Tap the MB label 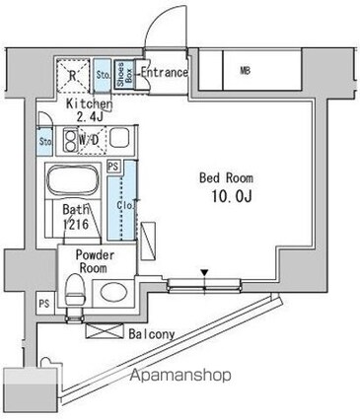point(243,70)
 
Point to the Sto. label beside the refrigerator point(102,73)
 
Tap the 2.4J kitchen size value point(87,117)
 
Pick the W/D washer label point(89,141)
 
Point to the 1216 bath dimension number point(82,225)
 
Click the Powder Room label point(100,260)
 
